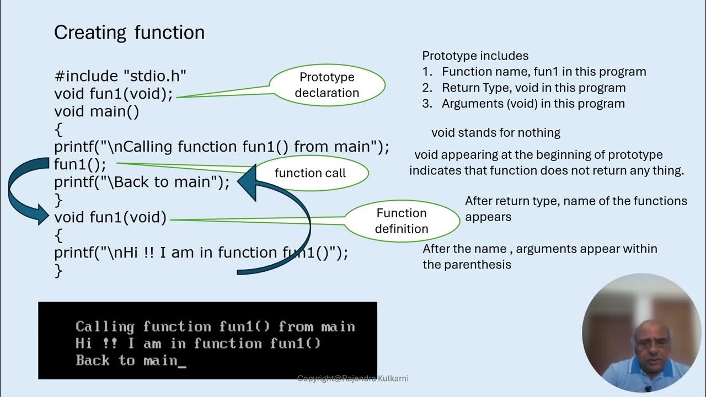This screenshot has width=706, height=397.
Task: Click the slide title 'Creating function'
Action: (129, 33)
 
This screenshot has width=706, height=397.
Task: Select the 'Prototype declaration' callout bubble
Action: (327, 85)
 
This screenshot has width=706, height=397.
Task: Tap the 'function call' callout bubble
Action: (310, 173)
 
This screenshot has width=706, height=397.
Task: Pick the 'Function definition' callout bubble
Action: (402, 221)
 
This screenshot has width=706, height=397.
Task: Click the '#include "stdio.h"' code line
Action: (120, 76)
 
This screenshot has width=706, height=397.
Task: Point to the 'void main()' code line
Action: (97, 111)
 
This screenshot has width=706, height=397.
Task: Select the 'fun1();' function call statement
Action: (80, 164)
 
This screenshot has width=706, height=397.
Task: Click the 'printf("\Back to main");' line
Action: (142, 182)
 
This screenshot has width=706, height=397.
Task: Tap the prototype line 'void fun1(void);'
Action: (114, 94)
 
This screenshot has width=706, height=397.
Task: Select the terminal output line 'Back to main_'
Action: (131, 361)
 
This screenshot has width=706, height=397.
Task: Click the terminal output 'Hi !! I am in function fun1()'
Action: (197, 344)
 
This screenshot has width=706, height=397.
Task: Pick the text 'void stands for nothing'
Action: (496, 132)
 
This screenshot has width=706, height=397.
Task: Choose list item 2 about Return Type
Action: (533, 88)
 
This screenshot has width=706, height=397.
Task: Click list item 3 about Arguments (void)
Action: (533, 104)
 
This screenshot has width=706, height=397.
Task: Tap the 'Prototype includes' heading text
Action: (475, 56)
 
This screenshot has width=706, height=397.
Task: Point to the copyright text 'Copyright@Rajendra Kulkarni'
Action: (353, 378)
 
